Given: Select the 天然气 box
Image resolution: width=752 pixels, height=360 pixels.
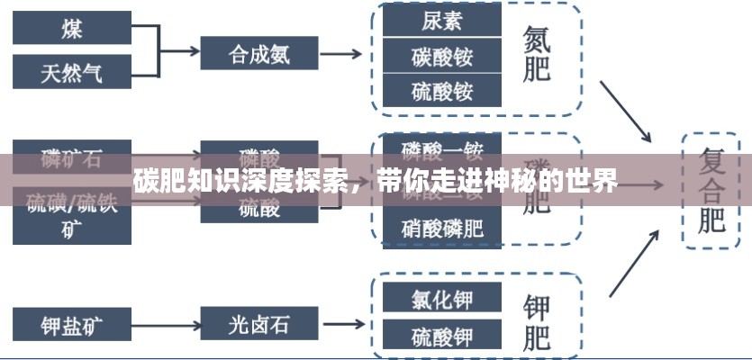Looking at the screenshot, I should tap(71, 71).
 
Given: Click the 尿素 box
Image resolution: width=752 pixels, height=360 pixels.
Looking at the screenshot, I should tap(441, 20).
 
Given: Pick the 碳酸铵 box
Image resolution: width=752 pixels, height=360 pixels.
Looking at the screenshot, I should tap(441, 55).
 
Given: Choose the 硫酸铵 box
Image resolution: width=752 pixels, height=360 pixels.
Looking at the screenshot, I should tap(441, 91).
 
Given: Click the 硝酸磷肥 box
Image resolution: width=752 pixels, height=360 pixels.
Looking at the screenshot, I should tap(441, 229).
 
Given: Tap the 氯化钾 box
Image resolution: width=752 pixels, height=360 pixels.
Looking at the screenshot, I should tap(441, 299).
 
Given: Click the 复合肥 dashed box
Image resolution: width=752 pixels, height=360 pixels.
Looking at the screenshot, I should tap(711, 191).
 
